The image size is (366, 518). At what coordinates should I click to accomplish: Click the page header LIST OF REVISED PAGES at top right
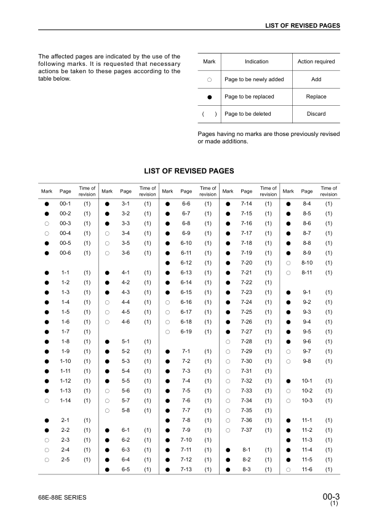click(302, 26)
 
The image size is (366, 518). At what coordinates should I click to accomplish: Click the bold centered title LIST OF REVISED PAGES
click(189, 170)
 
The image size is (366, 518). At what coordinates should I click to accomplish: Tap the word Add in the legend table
click(316, 79)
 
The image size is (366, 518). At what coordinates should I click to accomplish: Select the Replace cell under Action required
click(316, 97)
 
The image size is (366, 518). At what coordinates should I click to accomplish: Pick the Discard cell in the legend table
click(316, 114)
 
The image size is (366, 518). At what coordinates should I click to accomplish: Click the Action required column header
click(316, 62)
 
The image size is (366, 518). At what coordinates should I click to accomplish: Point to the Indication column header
click(257, 62)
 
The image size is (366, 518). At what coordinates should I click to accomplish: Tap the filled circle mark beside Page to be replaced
click(209, 97)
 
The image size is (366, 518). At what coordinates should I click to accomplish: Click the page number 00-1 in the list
click(66, 204)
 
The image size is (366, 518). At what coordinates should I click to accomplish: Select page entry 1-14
click(66, 400)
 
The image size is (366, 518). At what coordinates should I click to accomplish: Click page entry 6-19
click(186, 332)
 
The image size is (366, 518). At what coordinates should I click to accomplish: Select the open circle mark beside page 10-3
click(288, 400)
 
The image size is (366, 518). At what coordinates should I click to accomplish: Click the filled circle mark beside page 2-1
click(47, 420)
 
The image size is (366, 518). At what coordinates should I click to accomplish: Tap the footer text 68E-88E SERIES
click(62, 497)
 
